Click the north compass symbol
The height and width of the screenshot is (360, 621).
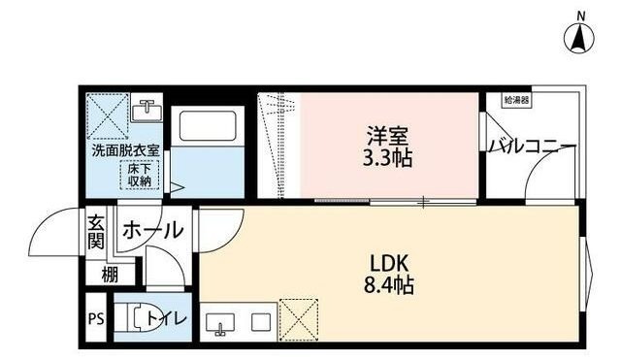point(579,35)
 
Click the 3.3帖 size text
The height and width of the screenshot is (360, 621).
point(388,157)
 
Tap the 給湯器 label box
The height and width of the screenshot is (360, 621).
point(516,99)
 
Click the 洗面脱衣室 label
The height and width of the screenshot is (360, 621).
point(125,152)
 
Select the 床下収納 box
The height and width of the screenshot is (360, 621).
point(139,175)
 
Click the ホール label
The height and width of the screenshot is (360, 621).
point(152,230)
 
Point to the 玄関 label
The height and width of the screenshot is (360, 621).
point(97,234)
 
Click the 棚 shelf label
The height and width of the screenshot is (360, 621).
point(111,275)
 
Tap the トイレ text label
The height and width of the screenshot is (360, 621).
point(175,318)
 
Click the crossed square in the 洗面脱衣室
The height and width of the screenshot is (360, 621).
point(107,117)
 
